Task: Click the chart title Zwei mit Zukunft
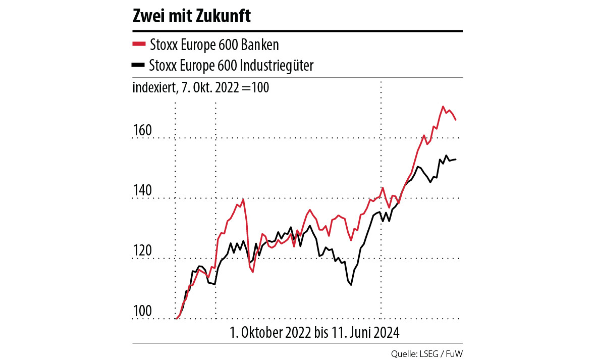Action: tap(191, 16)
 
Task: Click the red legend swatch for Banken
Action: tap(138, 44)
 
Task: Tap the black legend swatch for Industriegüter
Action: tap(138, 65)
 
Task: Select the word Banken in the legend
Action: tap(260, 45)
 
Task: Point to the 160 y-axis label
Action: tap(142, 131)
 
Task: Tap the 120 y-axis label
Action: tap(142, 251)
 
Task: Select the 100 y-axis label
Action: tap(142, 312)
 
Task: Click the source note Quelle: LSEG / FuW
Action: tap(426, 352)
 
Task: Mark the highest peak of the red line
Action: tap(443, 107)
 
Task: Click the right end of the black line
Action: tap(456, 160)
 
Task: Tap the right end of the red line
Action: tap(456, 120)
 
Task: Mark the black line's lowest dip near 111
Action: tap(350, 285)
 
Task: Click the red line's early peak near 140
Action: tap(243, 199)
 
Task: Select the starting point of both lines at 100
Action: tap(176, 319)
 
